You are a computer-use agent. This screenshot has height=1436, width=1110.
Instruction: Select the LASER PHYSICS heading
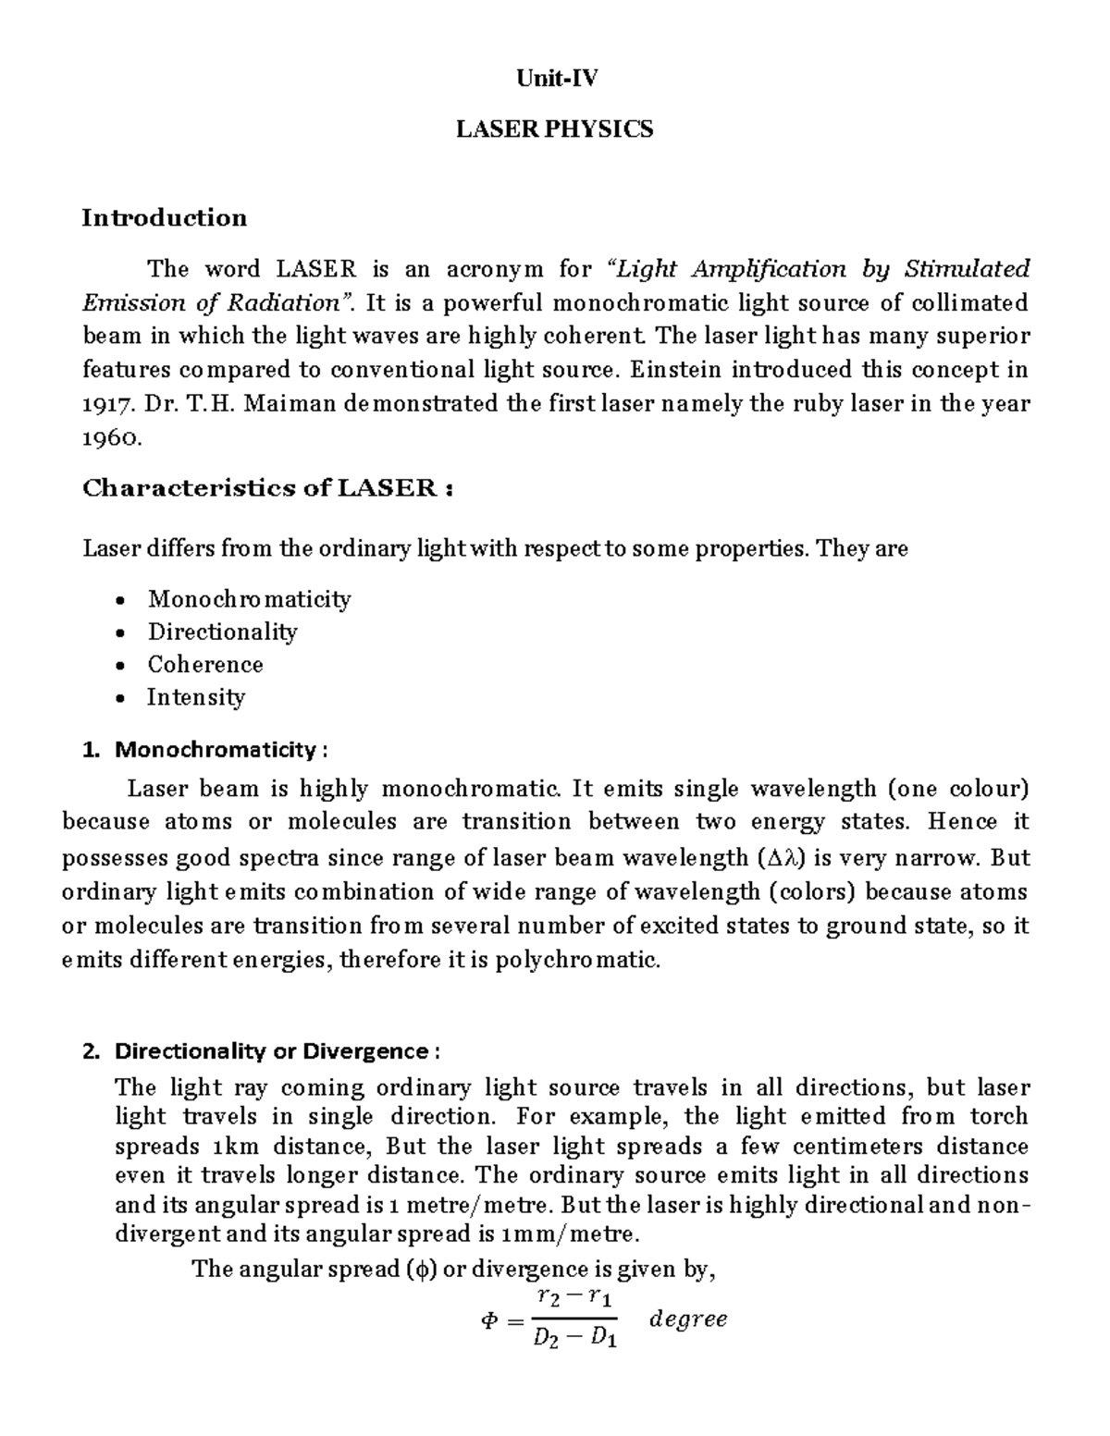pos(555,129)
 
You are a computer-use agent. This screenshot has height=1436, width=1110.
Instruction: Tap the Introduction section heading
pos(165,218)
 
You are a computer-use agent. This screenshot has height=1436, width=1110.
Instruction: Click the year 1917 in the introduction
pos(103,405)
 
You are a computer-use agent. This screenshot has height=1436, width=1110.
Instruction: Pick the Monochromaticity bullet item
pos(250,599)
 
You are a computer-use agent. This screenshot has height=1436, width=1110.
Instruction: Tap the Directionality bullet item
pos(223,632)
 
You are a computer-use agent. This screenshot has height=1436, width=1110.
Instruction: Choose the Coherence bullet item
pos(205,665)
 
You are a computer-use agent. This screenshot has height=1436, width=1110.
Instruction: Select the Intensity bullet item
pos(196,697)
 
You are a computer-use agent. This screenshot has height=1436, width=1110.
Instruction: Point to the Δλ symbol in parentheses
pos(781,858)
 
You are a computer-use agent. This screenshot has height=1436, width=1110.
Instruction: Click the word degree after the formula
pos(688,1319)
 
